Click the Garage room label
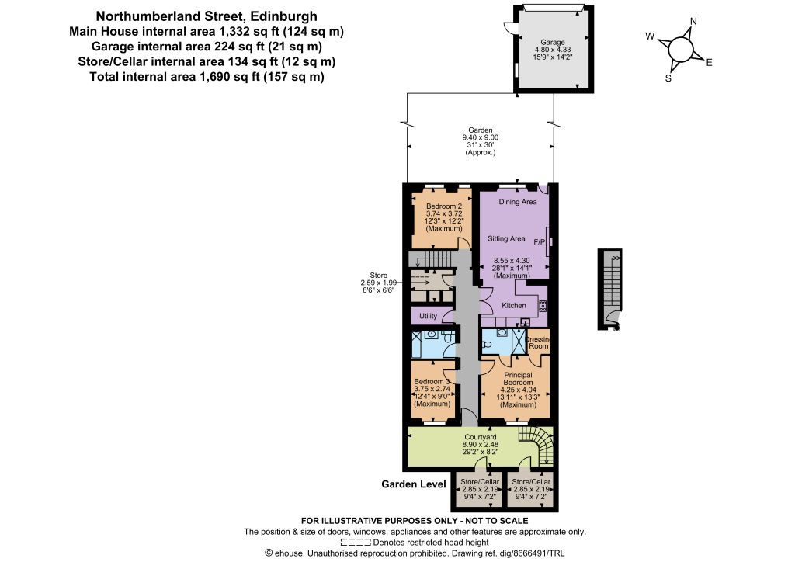(x=552, y=43)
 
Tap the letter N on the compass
(x=693, y=21)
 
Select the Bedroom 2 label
(x=443, y=206)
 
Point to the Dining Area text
(x=517, y=202)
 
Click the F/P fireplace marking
(x=540, y=242)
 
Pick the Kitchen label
(x=514, y=306)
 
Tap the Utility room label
(x=428, y=316)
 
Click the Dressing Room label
(x=539, y=342)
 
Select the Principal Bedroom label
(x=518, y=379)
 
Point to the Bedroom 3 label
(x=432, y=382)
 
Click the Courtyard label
(x=480, y=437)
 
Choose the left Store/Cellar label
(x=480, y=481)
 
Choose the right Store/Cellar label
(x=531, y=481)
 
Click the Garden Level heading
(x=414, y=484)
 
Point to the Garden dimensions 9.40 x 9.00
(x=480, y=137)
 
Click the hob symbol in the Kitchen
(x=542, y=306)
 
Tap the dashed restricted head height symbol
(x=356, y=542)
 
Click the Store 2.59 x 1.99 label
(x=378, y=283)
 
